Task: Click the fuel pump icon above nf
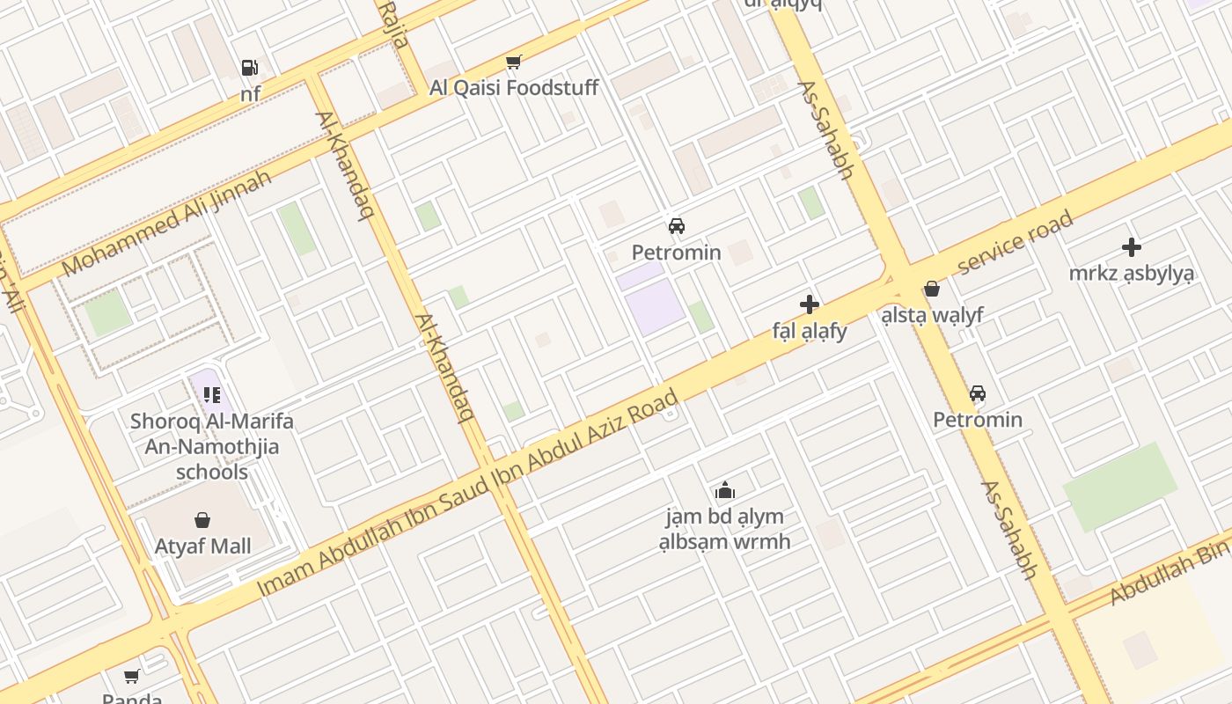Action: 249,68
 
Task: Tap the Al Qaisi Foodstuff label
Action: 514,88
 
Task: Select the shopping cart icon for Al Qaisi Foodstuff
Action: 514,62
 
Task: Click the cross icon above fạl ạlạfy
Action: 810,305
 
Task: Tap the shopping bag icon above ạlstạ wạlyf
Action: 932,289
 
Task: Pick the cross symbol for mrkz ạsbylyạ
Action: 1132,248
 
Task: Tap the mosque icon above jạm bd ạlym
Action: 725,490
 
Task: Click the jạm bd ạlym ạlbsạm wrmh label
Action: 725,529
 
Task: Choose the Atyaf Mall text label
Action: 203,546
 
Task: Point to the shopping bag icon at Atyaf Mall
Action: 203,520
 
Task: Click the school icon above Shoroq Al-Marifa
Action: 211,395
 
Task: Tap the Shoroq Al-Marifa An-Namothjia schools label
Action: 212,446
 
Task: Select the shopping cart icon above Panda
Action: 132,676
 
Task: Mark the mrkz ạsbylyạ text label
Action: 1132,274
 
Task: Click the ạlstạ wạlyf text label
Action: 932,315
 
